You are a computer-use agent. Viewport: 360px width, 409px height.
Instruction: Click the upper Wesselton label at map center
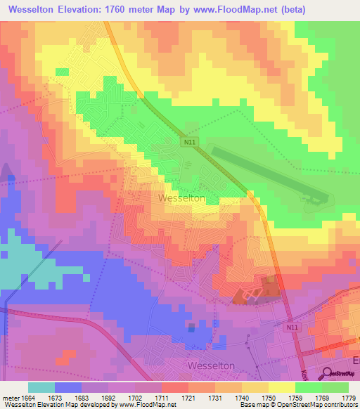(x=182, y=198)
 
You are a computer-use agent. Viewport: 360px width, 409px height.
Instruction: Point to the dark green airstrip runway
(x=267, y=173)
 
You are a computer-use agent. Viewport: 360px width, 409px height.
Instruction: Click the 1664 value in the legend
(x=27, y=397)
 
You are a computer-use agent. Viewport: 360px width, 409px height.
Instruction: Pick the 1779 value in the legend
(x=348, y=397)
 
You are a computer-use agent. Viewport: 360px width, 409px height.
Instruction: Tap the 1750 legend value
(x=268, y=397)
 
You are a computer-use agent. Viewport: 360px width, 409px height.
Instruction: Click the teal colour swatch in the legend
(x=41, y=387)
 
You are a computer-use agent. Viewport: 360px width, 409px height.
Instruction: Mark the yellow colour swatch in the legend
(x=281, y=387)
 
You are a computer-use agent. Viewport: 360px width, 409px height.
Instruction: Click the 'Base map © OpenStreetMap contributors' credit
(x=297, y=405)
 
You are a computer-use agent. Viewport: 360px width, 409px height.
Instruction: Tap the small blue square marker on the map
(x=191, y=327)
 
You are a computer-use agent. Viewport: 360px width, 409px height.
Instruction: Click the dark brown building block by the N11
(x=269, y=286)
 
